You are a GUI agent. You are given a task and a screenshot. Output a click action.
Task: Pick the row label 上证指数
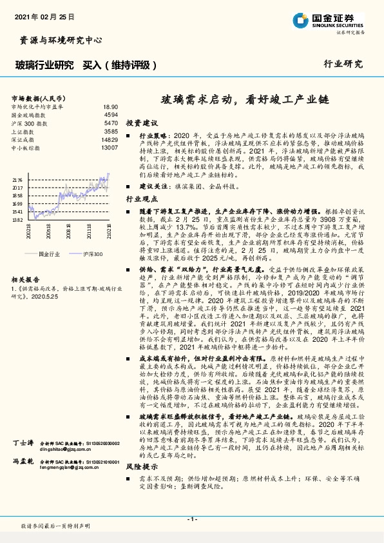point(24,131)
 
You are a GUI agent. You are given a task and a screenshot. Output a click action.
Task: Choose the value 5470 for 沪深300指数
point(110,123)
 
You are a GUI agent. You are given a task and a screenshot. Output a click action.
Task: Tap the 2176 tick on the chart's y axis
point(17,180)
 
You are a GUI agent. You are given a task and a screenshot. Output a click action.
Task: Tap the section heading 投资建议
point(142,123)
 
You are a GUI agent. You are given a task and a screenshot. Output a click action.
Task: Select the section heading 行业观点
point(142,200)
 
